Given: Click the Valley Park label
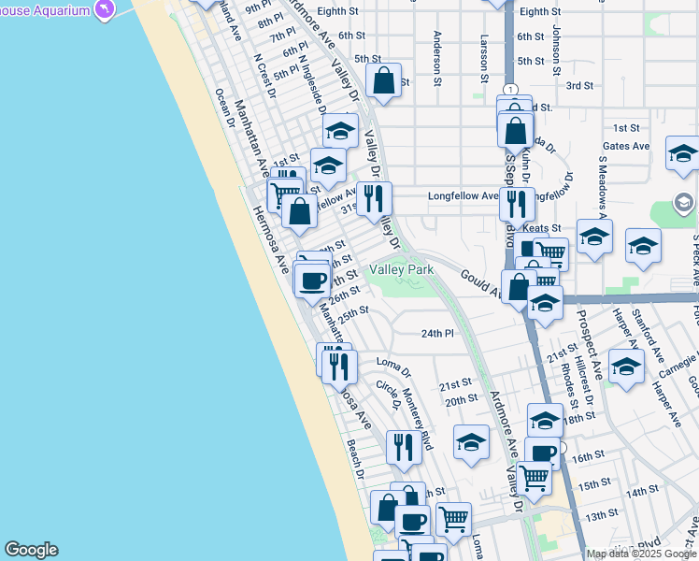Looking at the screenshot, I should pyautogui.click(x=401, y=269).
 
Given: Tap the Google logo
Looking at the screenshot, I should pyautogui.click(x=31, y=550).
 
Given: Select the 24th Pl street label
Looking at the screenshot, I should pyautogui.click(x=436, y=333).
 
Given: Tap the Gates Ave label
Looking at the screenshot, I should pyautogui.click(x=626, y=146).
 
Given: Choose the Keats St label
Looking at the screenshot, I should pyautogui.click(x=542, y=227).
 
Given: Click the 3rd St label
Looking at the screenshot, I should pyautogui.click(x=579, y=86).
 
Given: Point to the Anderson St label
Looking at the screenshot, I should pyautogui.click(x=436, y=56).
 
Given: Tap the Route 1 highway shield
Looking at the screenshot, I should pyautogui.click(x=505, y=89).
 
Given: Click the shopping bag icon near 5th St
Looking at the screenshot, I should pyautogui.click(x=383, y=81).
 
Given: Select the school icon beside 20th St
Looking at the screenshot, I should pyautogui.click(x=472, y=442).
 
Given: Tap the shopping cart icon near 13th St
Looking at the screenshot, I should pyautogui.click(x=453, y=518).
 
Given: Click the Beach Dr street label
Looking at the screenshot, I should pyautogui.click(x=354, y=458).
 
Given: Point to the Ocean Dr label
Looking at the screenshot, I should pyautogui.click(x=222, y=110).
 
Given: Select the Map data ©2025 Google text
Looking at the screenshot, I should pyautogui.click(x=641, y=554).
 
